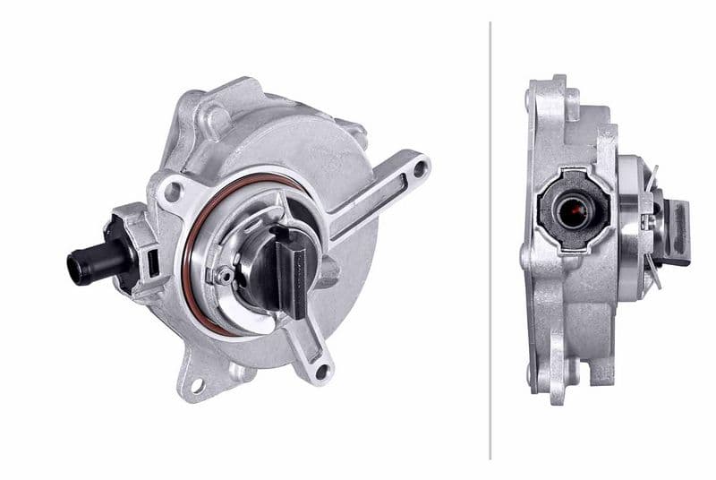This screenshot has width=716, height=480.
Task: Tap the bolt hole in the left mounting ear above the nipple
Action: (171, 190)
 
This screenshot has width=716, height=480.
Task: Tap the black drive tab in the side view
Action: (678, 233)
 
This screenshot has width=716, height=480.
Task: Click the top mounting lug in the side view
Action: (548, 90)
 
